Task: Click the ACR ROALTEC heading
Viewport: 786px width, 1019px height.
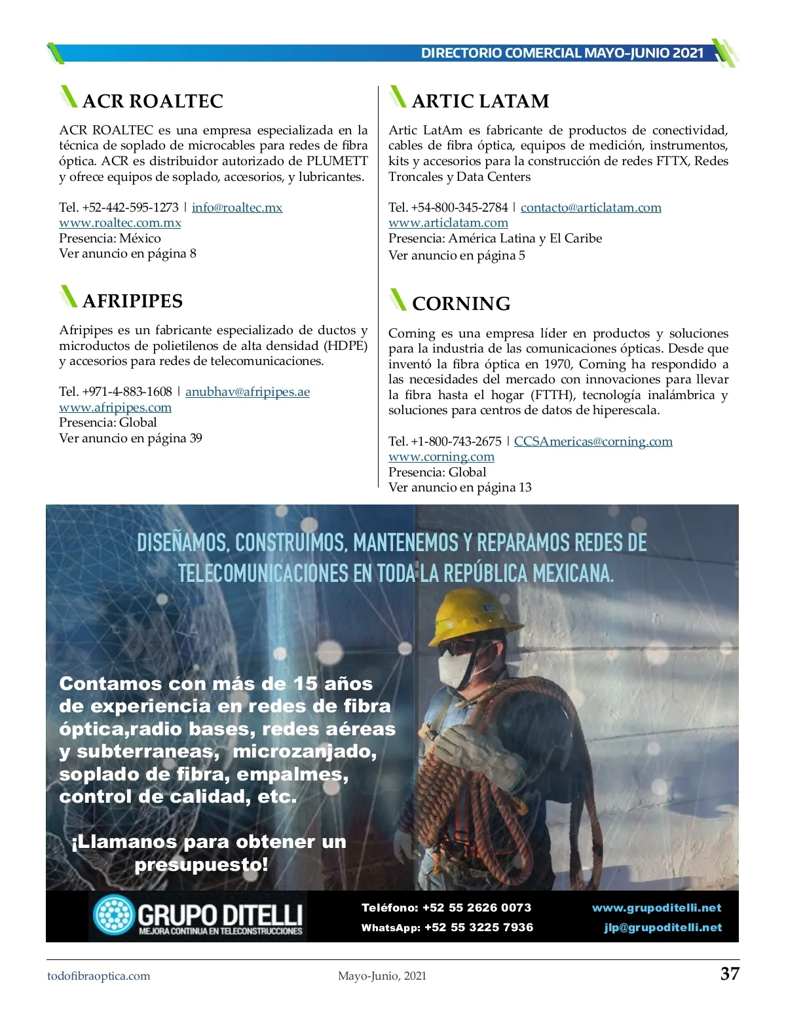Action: pyautogui.click(x=153, y=101)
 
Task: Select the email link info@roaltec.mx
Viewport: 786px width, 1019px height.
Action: pyautogui.click(x=237, y=208)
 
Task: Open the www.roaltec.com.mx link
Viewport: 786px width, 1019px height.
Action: pyautogui.click(x=120, y=223)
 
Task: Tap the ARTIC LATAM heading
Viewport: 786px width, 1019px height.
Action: pyautogui.click(x=480, y=101)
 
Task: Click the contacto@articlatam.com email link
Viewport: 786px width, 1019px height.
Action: pyautogui.click(x=591, y=208)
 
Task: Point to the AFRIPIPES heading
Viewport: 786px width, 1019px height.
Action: pyautogui.click(x=132, y=301)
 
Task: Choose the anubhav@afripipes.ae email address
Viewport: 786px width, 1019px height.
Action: pyautogui.click(x=248, y=392)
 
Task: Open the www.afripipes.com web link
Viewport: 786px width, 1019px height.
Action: pyautogui.click(x=115, y=408)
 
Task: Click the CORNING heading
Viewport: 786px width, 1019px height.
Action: pyautogui.click(x=461, y=303)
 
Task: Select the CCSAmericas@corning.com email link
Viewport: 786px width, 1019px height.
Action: pyautogui.click(x=593, y=442)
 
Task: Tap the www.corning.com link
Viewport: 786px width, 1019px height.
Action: pyautogui.click(x=441, y=457)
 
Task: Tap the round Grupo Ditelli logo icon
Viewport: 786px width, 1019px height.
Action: pyautogui.click(x=113, y=915)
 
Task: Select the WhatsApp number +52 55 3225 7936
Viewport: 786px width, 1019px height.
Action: pyautogui.click(x=479, y=927)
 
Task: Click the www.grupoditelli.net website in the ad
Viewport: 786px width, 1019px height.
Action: pyautogui.click(x=656, y=908)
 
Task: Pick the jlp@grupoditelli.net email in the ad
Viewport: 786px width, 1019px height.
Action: pyautogui.click(x=663, y=928)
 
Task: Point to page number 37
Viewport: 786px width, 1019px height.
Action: pyautogui.click(x=730, y=974)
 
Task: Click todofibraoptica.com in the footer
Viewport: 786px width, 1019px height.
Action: pyautogui.click(x=99, y=976)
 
